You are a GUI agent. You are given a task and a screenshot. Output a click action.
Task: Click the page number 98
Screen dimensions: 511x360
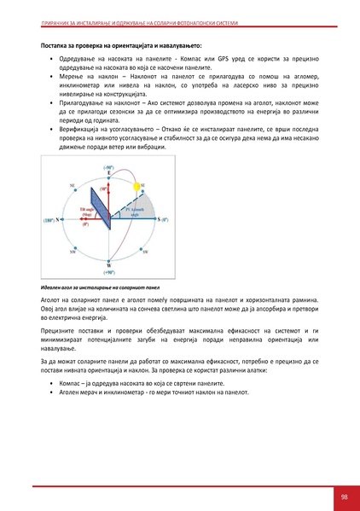343,496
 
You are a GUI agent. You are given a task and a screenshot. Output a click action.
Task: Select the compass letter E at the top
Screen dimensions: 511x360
109,174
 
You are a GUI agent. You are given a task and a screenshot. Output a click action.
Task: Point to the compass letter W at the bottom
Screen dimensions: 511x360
108,264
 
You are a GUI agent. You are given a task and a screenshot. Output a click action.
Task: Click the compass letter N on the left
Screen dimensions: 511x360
57,219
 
